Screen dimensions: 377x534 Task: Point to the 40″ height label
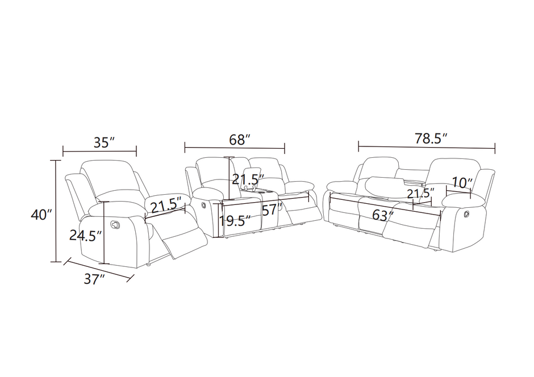(42, 215)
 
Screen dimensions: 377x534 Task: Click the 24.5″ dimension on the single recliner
(85, 234)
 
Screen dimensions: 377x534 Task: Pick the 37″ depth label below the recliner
(95, 279)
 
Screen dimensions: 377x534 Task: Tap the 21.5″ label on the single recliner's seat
(166, 203)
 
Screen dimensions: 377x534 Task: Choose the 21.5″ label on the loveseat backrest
(248, 179)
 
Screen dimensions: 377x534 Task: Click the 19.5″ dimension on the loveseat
(234, 221)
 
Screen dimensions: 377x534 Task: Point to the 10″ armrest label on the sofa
(462, 183)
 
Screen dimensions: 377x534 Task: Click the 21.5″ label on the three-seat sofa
(421, 193)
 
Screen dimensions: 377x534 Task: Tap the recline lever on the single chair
(116, 223)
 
